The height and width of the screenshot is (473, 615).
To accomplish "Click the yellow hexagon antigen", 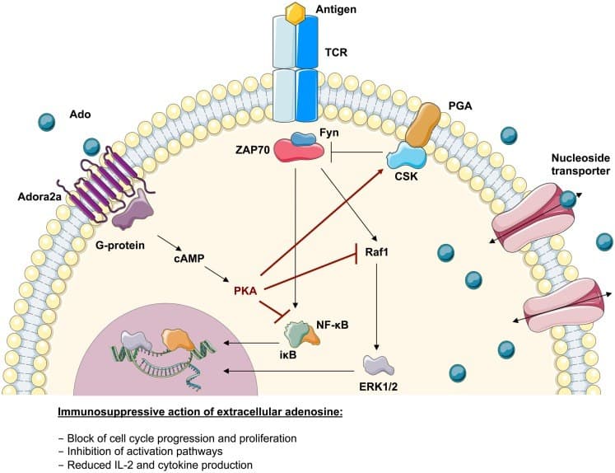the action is [x=296, y=12].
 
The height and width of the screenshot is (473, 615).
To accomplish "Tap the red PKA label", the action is [x=245, y=291].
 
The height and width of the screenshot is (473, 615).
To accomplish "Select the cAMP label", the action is [x=189, y=259].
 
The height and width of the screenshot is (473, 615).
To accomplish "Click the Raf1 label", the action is [x=376, y=251].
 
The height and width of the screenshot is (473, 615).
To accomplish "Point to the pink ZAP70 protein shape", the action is [x=299, y=151].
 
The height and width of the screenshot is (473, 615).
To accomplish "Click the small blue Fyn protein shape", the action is [x=303, y=139].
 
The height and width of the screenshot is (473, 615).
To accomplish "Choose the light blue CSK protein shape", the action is [x=407, y=156].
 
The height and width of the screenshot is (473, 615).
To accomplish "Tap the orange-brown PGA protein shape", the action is [x=423, y=124].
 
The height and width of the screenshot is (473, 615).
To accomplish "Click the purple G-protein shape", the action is [x=133, y=209].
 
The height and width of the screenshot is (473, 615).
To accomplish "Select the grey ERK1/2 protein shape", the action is [x=378, y=365].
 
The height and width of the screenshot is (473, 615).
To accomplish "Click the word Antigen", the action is [x=336, y=9].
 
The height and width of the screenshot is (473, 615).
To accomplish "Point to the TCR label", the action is [x=336, y=52].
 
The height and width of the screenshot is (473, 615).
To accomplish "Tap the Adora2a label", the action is [x=40, y=196].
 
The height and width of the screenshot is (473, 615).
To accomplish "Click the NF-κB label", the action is [x=333, y=325].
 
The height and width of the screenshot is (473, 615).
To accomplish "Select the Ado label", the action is [x=80, y=115].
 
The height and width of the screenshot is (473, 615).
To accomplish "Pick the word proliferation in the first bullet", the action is [x=266, y=438].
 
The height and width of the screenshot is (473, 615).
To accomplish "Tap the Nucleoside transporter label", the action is [x=580, y=165].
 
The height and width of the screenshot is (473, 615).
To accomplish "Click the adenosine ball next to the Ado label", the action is [x=47, y=122].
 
